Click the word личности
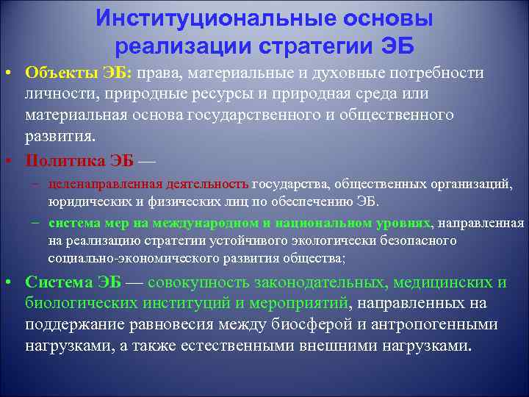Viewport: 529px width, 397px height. coord(56,95)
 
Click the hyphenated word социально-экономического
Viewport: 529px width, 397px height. coord(118,258)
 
